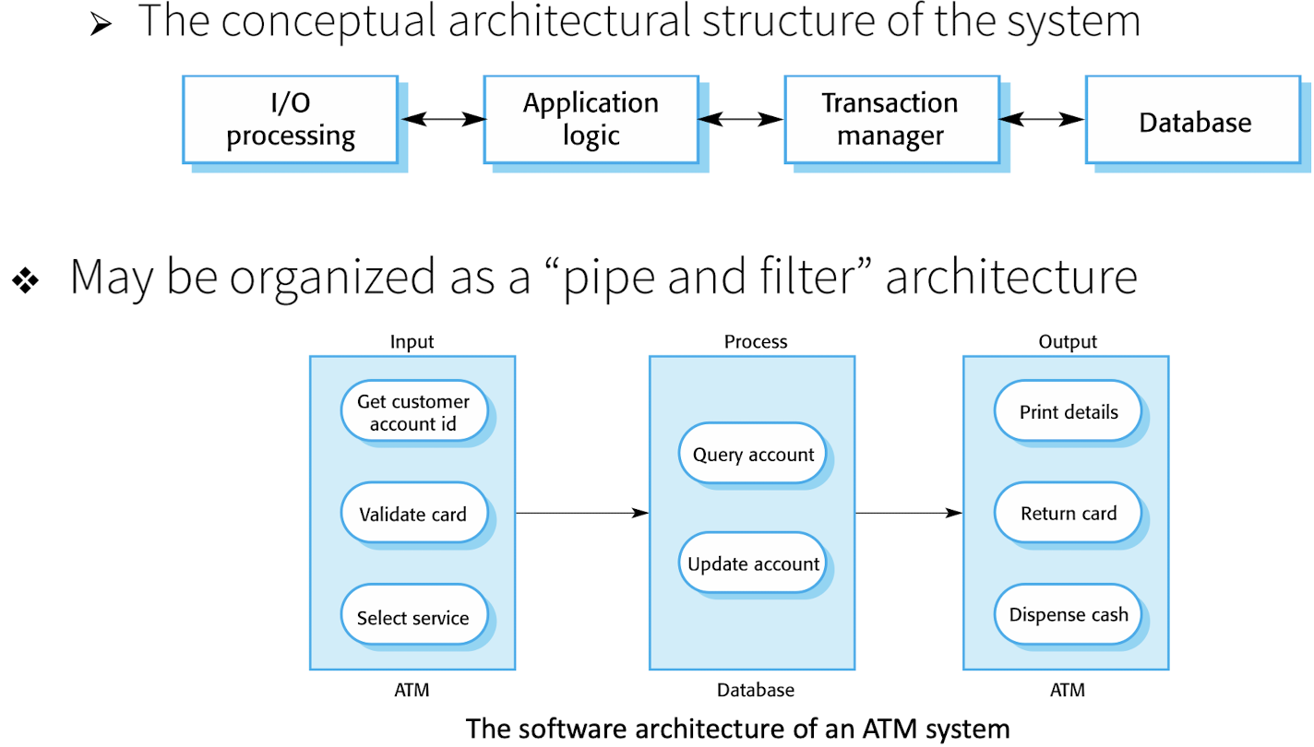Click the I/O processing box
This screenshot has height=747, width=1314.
tap(291, 119)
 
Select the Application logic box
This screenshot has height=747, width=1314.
tap(591, 119)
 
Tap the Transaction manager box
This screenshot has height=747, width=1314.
tap(890, 119)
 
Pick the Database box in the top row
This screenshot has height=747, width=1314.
tap(1194, 123)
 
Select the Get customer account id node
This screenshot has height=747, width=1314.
tap(413, 411)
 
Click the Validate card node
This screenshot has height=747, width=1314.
tap(413, 514)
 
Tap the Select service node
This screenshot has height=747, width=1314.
tap(413, 617)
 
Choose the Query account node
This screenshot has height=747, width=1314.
tap(753, 454)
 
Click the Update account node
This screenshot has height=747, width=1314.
tap(753, 563)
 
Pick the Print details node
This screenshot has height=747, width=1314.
tap(1069, 411)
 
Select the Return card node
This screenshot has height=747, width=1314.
tap(1069, 513)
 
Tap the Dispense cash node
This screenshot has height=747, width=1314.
tap(1069, 614)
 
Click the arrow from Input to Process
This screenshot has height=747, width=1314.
tap(582, 513)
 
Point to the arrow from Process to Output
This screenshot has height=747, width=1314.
tap(909, 513)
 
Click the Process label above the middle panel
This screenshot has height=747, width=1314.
tap(756, 341)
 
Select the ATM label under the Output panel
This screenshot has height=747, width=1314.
tap(1068, 690)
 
